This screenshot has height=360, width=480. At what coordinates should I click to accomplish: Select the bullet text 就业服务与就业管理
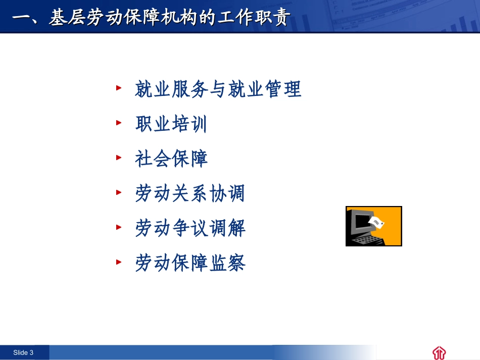[218, 89]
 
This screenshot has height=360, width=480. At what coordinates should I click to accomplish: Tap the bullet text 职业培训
[171, 124]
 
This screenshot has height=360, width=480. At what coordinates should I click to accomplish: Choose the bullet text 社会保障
[171, 159]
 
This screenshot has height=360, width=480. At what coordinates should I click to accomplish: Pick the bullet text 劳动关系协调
[190, 193]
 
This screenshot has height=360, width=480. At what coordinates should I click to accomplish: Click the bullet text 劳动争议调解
[190, 228]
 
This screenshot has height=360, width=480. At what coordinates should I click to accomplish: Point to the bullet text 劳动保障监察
[190, 263]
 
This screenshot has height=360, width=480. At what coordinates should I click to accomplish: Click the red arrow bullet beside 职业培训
[119, 122]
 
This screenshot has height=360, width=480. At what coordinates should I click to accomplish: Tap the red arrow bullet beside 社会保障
[119, 157]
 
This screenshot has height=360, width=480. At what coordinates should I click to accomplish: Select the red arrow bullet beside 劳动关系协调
[119, 192]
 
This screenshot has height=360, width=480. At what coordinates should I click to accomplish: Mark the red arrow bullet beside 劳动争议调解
[119, 227]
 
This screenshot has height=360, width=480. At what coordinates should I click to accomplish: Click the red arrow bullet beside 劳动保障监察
[119, 262]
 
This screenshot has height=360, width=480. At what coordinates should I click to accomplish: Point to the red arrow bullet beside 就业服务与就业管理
[119, 87]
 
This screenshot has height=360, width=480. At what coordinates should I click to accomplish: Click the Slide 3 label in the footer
[23, 352]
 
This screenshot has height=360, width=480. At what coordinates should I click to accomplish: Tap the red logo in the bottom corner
[439, 352]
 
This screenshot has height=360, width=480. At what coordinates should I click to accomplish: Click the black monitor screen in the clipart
[360, 223]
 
